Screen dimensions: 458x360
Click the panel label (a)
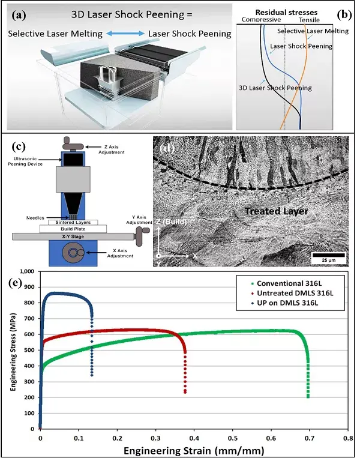(x=19, y=12)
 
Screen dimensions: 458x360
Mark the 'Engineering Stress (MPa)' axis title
(x=13, y=349)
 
